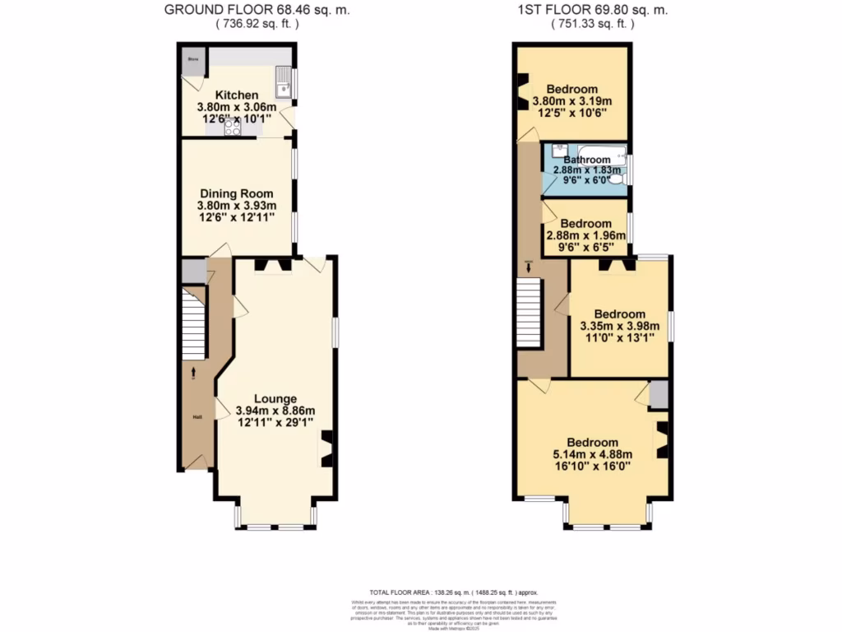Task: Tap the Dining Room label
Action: pyautogui.click(x=236, y=194)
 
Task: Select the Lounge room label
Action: pyautogui.click(x=275, y=399)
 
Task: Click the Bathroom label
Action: pyautogui.click(x=587, y=160)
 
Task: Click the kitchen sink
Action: pyautogui.click(x=284, y=82)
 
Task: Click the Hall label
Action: pyautogui.click(x=198, y=417)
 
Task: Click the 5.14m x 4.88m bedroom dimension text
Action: pyautogui.click(x=593, y=453)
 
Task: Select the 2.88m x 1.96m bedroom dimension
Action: pyautogui.click(x=586, y=235)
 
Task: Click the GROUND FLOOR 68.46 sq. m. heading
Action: pyautogui.click(x=239, y=10)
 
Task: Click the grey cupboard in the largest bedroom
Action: pyautogui.click(x=659, y=396)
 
